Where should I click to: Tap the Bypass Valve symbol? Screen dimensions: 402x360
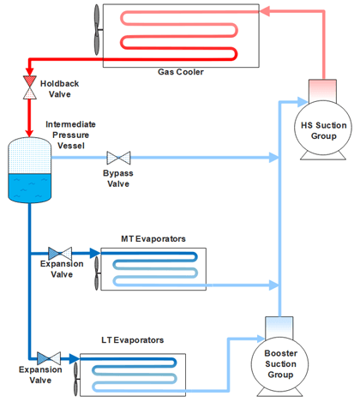point(118,158)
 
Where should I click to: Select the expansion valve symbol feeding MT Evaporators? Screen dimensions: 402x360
point(60,253)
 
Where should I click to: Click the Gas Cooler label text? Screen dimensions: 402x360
point(179,72)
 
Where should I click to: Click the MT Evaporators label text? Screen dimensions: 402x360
point(154,237)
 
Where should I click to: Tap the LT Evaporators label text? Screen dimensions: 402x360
point(133,340)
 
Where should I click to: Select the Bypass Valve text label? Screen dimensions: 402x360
point(118,177)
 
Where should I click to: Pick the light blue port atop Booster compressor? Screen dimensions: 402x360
point(279,326)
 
